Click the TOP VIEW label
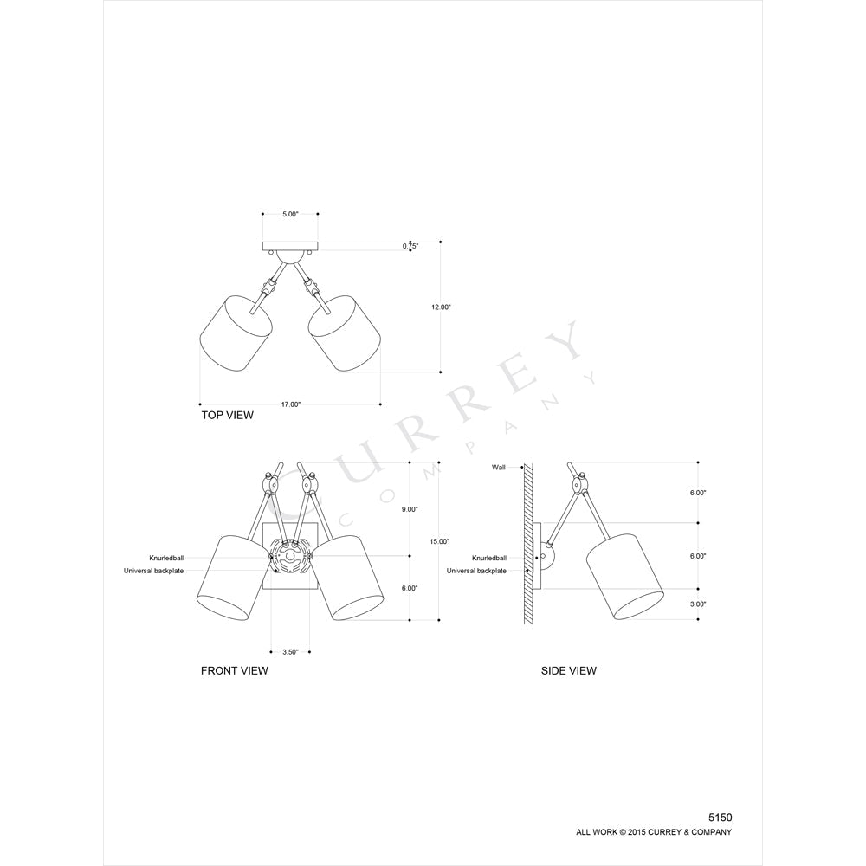(x=227, y=416)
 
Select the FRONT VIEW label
(x=234, y=671)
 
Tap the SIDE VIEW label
(x=568, y=671)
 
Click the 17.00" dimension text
(x=290, y=404)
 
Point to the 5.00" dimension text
(x=290, y=214)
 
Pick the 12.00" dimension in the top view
(x=442, y=307)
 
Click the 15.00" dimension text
(x=440, y=541)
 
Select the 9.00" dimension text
(x=410, y=509)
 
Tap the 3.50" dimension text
(x=290, y=652)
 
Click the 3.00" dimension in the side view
(x=698, y=604)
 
